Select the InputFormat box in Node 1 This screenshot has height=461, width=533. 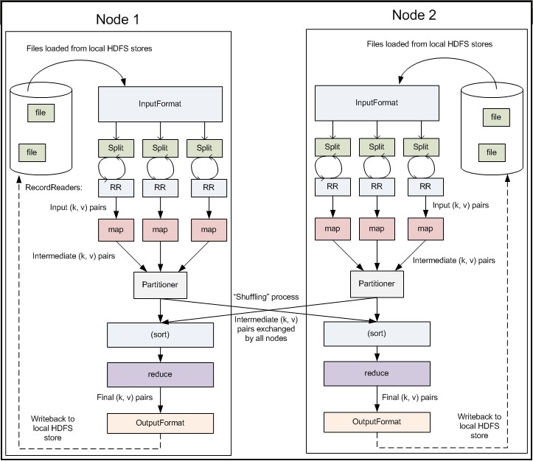coord(159,104)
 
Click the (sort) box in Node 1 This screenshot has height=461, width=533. coord(159,335)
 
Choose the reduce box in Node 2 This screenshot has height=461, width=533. coord(377,373)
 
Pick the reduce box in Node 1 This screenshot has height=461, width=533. coord(159,374)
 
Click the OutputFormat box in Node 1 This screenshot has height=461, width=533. coord(159,423)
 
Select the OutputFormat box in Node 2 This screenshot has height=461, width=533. coord(377,422)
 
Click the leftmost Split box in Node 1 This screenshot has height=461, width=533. coord(118,147)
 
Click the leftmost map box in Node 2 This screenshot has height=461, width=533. coord(332,228)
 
